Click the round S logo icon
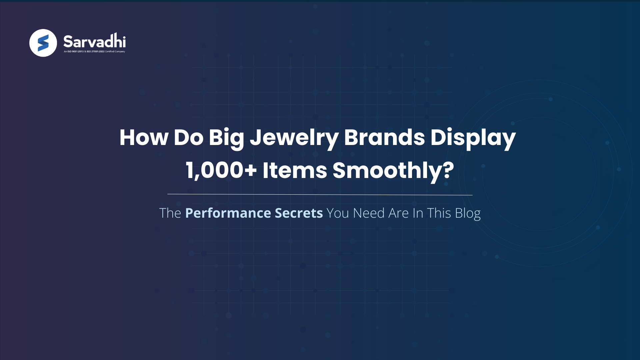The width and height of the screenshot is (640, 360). tap(43, 43)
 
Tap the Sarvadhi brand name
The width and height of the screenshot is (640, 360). tap(94, 41)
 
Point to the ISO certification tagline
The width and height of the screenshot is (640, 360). tap(94, 52)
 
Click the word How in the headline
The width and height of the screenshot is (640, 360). tap(144, 137)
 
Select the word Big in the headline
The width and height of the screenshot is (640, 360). tap(226, 137)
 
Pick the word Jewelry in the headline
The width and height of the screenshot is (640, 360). tap(294, 137)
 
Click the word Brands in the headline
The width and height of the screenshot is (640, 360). tap(384, 137)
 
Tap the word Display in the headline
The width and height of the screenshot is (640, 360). tap(473, 137)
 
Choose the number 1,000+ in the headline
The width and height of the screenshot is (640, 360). tap(221, 170)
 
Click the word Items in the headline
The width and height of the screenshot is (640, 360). tap(295, 170)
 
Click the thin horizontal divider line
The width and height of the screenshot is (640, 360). tap(320, 194)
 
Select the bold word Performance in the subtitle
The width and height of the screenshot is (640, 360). tap(228, 213)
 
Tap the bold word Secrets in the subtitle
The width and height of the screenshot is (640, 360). tap(299, 213)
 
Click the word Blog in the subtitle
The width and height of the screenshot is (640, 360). tap(468, 213)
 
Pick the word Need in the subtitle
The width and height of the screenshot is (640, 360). tap(369, 213)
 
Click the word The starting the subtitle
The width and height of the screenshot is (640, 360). tap(170, 213)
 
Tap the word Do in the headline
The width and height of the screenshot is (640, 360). tap(188, 137)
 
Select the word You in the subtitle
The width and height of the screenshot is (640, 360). tap(338, 213)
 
